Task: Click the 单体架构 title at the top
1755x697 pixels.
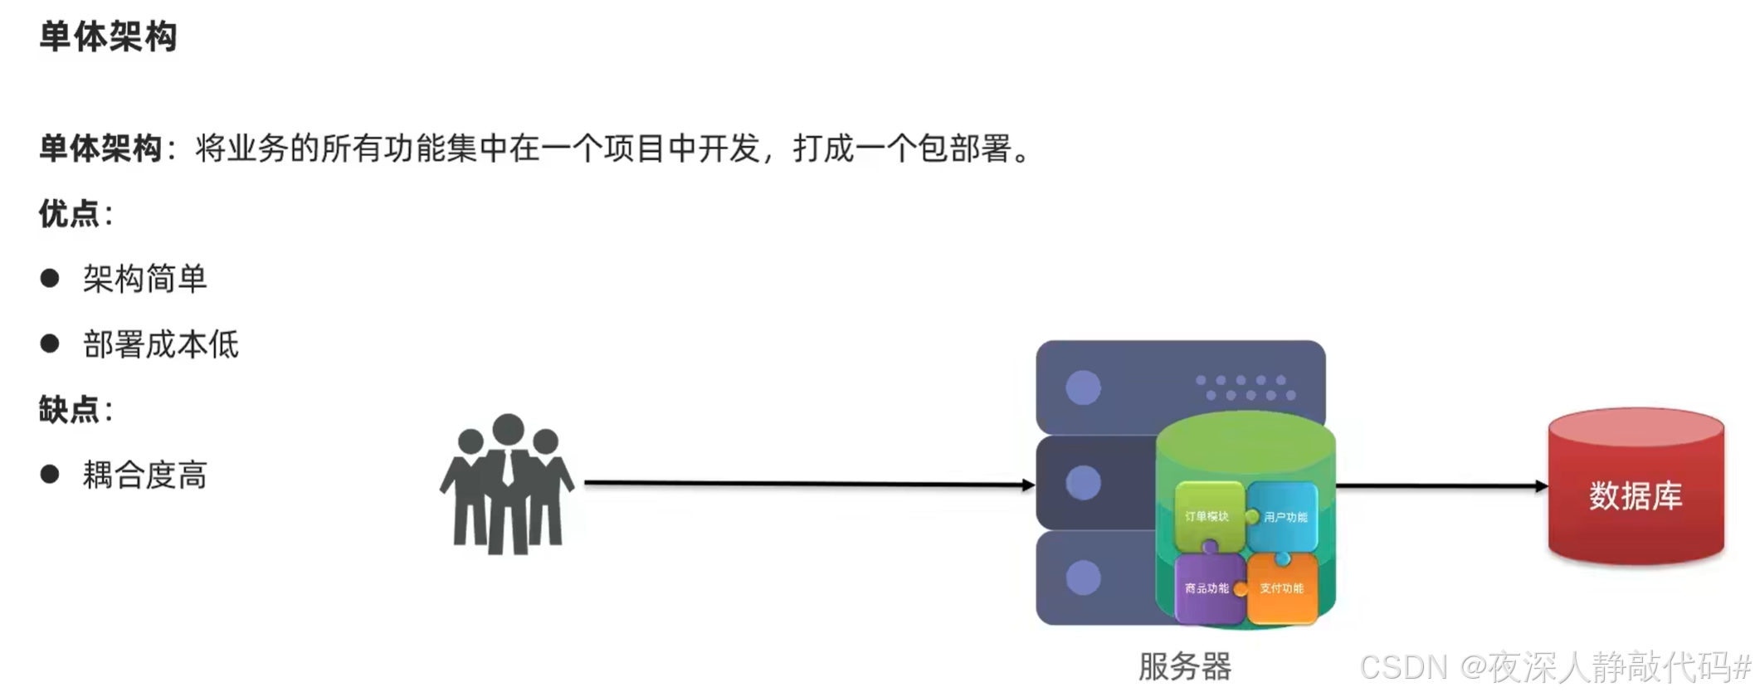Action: point(108,37)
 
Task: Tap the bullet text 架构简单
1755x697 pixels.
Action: point(144,279)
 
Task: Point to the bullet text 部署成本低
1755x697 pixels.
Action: point(160,344)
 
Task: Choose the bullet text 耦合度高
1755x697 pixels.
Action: point(144,475)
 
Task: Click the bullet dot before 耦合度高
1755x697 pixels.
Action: point(50,474)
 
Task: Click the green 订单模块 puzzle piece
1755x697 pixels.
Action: point(1207,516)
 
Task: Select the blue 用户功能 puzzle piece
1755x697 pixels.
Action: point(1285,517)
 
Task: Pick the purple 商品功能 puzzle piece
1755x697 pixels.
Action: point(1207,588)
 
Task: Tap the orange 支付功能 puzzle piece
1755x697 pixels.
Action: point(1282,588)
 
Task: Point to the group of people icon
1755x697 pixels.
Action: point(507,485)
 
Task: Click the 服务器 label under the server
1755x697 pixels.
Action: point(1185,666)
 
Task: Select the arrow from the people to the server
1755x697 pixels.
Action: point(809,483)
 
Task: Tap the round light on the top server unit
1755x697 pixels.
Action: point(1083,387)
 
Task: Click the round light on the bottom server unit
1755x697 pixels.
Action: point(1083,578)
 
